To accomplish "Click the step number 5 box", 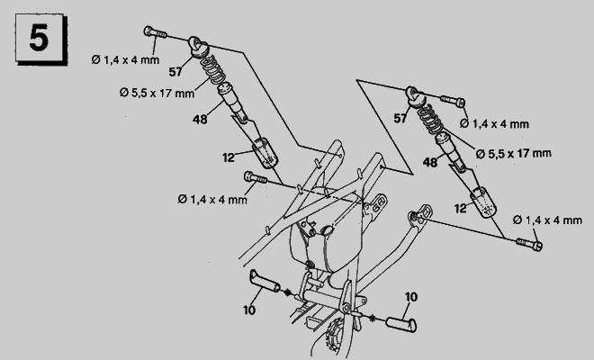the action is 40,39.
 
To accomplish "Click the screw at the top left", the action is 156,32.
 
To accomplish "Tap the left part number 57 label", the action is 175,72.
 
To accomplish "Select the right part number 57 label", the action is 400,119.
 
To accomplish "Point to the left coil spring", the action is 213,69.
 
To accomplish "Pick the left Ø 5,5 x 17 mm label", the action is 157,93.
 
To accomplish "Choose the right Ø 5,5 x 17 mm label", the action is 514,154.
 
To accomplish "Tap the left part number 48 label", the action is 200,120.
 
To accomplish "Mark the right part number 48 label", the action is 430,162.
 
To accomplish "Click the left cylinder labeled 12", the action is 265,153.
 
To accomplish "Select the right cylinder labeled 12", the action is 483,202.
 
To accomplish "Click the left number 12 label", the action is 229,157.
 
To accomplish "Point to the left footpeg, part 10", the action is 265,281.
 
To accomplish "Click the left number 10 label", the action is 249,310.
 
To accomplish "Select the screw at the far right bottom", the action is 529,244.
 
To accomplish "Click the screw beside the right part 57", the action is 453,101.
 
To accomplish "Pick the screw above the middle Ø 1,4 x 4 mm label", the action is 256,177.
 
